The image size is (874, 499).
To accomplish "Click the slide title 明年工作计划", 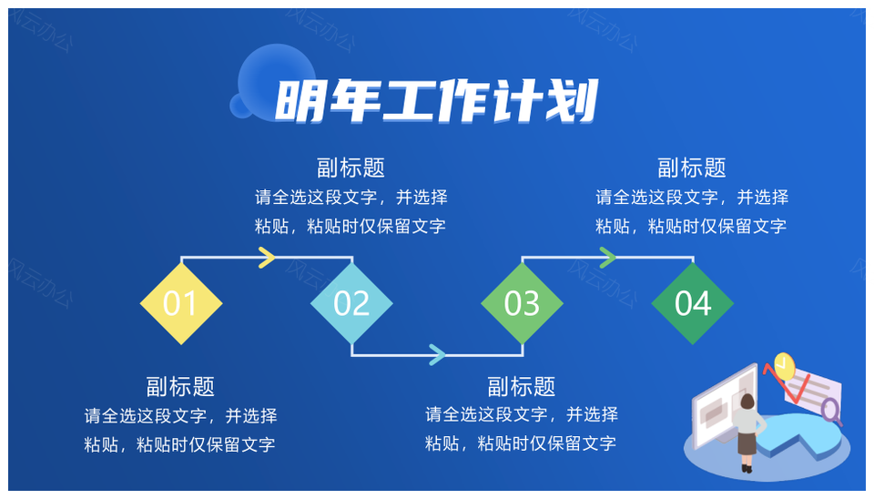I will pos(437,101).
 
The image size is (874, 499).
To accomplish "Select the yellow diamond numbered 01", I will pos(180,303).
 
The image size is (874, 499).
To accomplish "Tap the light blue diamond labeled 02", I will pos(351,303).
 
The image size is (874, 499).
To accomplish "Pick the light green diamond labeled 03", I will pos(522,303).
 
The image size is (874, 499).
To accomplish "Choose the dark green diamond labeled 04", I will pos(692,303).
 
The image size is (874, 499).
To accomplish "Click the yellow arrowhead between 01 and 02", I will pos(267,258).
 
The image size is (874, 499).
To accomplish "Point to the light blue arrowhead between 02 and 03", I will pos(438,354).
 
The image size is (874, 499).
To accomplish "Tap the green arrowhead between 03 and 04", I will pos(608,258).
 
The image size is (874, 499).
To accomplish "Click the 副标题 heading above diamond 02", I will pos(351,168).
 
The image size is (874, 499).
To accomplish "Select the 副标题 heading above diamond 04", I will pos(692,168).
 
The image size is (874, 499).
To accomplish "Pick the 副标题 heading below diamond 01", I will pos(180,386).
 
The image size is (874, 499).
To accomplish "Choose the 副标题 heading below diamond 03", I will pos(522,386).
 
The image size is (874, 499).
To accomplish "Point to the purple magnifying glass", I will pos(830,411).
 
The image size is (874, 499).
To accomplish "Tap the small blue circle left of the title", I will pos(240,107).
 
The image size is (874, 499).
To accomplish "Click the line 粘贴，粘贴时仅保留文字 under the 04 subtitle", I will pos(692,227).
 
